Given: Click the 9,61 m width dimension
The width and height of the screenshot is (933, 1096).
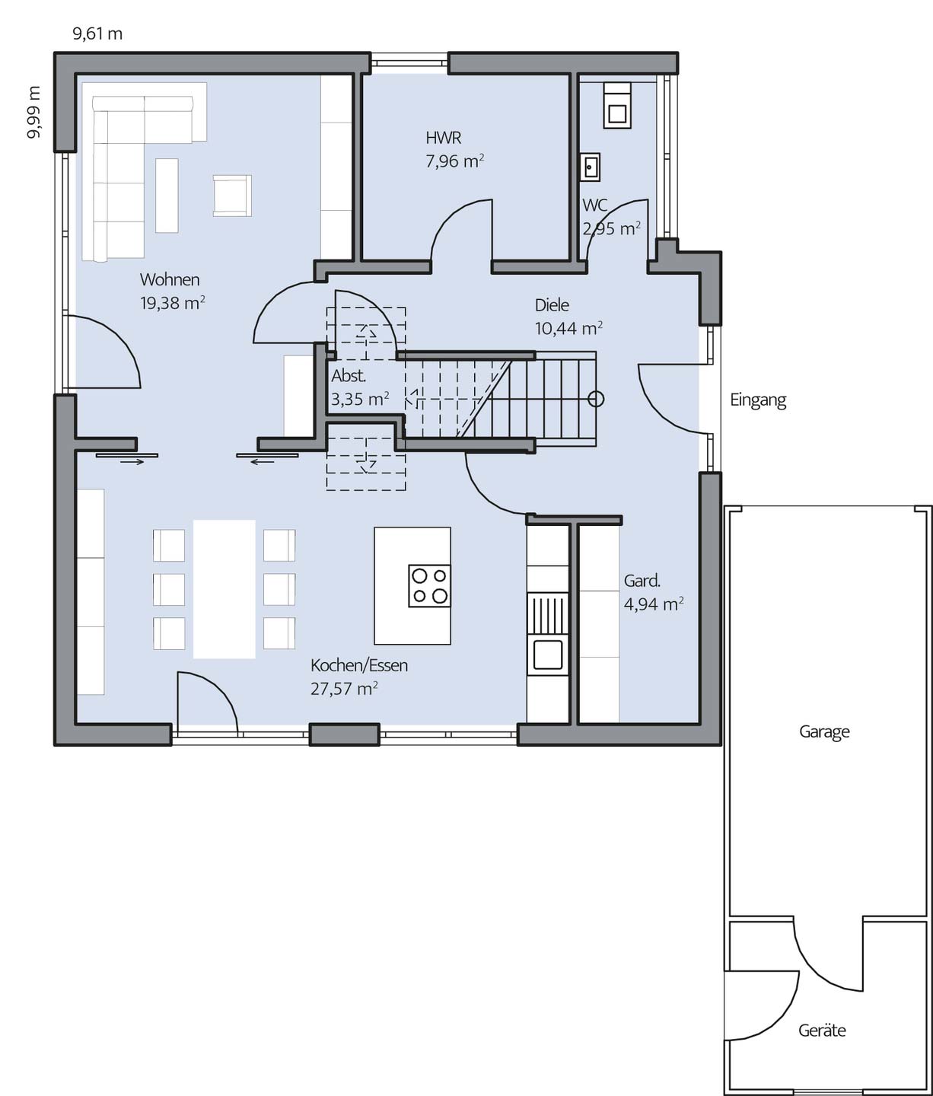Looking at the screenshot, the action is point(97,34).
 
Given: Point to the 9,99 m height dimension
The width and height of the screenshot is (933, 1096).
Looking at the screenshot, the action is point(33,112).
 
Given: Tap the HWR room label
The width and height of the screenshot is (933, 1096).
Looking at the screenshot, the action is point(443,138).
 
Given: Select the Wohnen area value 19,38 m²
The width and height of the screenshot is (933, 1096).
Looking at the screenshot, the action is point(172,303).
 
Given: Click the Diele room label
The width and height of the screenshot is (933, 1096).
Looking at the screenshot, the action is point(552,305).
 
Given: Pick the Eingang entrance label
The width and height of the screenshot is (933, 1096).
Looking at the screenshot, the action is point(758,400).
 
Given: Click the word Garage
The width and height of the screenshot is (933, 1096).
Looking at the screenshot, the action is point(824,731).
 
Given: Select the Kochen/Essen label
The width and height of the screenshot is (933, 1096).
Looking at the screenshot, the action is point(359,665).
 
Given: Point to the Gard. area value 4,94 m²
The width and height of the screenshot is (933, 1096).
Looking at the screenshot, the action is point(654,604).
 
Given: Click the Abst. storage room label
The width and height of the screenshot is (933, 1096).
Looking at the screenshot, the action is point(349,375).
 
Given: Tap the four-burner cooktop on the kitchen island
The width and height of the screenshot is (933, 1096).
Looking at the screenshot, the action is point(429,586).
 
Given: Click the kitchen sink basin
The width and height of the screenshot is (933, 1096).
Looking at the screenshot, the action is point(548,655).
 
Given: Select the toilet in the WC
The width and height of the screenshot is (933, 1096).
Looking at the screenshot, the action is point(617,106).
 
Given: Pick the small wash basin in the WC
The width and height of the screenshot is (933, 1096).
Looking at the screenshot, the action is point(590,167).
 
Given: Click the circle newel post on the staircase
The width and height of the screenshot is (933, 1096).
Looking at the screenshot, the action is point(596,399).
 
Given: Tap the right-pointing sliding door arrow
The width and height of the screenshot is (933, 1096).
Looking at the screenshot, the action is point(132,462).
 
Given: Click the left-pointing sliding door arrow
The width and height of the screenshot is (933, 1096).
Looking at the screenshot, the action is point(262,462).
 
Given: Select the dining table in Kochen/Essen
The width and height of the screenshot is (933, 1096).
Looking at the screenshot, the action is point(224,589).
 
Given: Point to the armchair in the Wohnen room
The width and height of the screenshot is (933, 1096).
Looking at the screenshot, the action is point(232,196).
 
